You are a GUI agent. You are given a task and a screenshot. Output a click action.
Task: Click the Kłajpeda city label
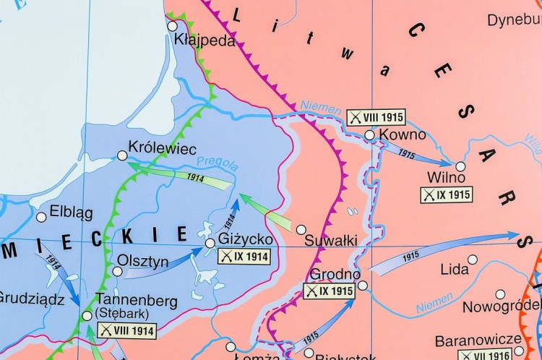click(x=205, y=40)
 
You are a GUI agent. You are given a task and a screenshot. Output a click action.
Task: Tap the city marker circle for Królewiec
click(x=122, y=155)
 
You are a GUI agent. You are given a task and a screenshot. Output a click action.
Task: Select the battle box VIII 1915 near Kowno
click(x=375, y=117)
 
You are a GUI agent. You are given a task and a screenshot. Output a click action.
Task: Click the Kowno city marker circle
click(x=369, y=135)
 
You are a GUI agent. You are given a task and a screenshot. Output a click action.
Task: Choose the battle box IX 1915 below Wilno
click(x=447, y=194)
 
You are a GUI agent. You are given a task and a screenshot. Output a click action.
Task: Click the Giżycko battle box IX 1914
click(x=244, y=256)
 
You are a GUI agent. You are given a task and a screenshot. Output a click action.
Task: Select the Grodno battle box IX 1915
click(x=329, y=291)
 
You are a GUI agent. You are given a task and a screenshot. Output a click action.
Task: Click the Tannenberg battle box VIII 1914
click(x=126, y=330)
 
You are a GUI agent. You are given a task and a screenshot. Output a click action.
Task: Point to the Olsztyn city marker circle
click(x=117, y=272)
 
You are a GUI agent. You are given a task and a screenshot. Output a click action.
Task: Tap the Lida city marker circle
click(x=473, y=260)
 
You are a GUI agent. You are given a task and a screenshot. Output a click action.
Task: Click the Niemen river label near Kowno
click(x=320, y=108)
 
